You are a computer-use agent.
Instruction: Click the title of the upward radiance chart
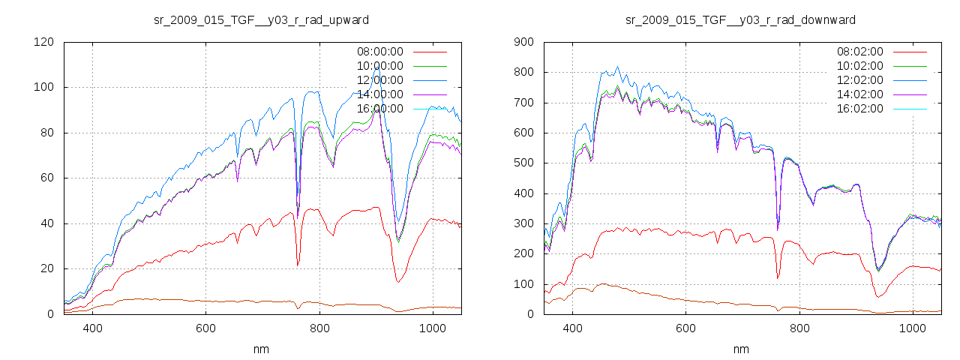coord(260,19)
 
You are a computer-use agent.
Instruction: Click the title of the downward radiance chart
coord(740,19)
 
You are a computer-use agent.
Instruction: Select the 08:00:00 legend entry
coord(379,52)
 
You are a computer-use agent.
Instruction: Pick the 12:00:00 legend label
coord(379,80)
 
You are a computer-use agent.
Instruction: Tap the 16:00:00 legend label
coord(379,109)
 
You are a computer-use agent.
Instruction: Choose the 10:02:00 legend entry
coord(860,66)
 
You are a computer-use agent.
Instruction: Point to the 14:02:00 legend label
coord(860,94)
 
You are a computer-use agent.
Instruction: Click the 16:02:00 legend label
coord(860,109)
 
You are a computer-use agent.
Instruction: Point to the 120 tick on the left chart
coord(43,42)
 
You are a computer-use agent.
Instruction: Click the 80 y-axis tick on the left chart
coord(46,133)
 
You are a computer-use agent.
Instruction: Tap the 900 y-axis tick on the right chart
coord(523,42)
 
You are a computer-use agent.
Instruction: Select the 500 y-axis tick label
coord(523,163)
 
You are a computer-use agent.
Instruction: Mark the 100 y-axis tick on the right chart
coord(523,284)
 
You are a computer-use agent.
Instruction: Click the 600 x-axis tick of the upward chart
coord(206,328)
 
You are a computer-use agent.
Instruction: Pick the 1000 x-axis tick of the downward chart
coord(912,328)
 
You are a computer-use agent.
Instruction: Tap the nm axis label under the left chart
coord(260,349)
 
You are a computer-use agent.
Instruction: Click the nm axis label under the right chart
coord(740,349)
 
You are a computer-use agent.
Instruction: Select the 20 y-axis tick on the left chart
coord(46,268)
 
